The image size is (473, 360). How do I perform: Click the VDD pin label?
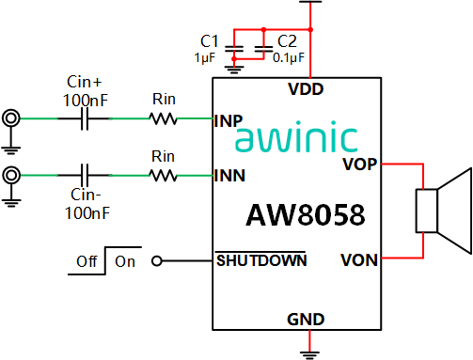[306, 89]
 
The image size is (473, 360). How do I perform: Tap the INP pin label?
[229, 121]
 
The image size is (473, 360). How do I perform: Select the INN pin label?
[229, 176]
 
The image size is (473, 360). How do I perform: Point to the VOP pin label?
[359, 164]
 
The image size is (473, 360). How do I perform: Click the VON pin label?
[359, 260]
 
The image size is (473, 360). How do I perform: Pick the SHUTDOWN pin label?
[261, 260]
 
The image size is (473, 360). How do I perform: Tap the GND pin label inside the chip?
[306, 320]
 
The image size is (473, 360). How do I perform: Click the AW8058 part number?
[306, 215]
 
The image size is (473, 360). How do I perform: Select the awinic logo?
[296, 136]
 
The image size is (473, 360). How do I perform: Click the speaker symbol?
[444, 211]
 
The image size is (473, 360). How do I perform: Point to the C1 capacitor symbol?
[234, 49]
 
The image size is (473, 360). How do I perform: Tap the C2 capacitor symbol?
[263, 49]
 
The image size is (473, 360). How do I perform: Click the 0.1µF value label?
[289, 57]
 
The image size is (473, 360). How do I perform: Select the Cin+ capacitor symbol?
[85, 118]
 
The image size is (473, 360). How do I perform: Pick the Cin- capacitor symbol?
[85, 175]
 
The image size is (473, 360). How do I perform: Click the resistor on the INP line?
[163, 118]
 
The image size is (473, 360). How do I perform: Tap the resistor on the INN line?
[163, 176]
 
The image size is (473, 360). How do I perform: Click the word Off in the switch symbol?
[87, 261]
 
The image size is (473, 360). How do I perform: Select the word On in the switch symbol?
[125, 261]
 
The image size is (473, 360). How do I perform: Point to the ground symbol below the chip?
[309, 355]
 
